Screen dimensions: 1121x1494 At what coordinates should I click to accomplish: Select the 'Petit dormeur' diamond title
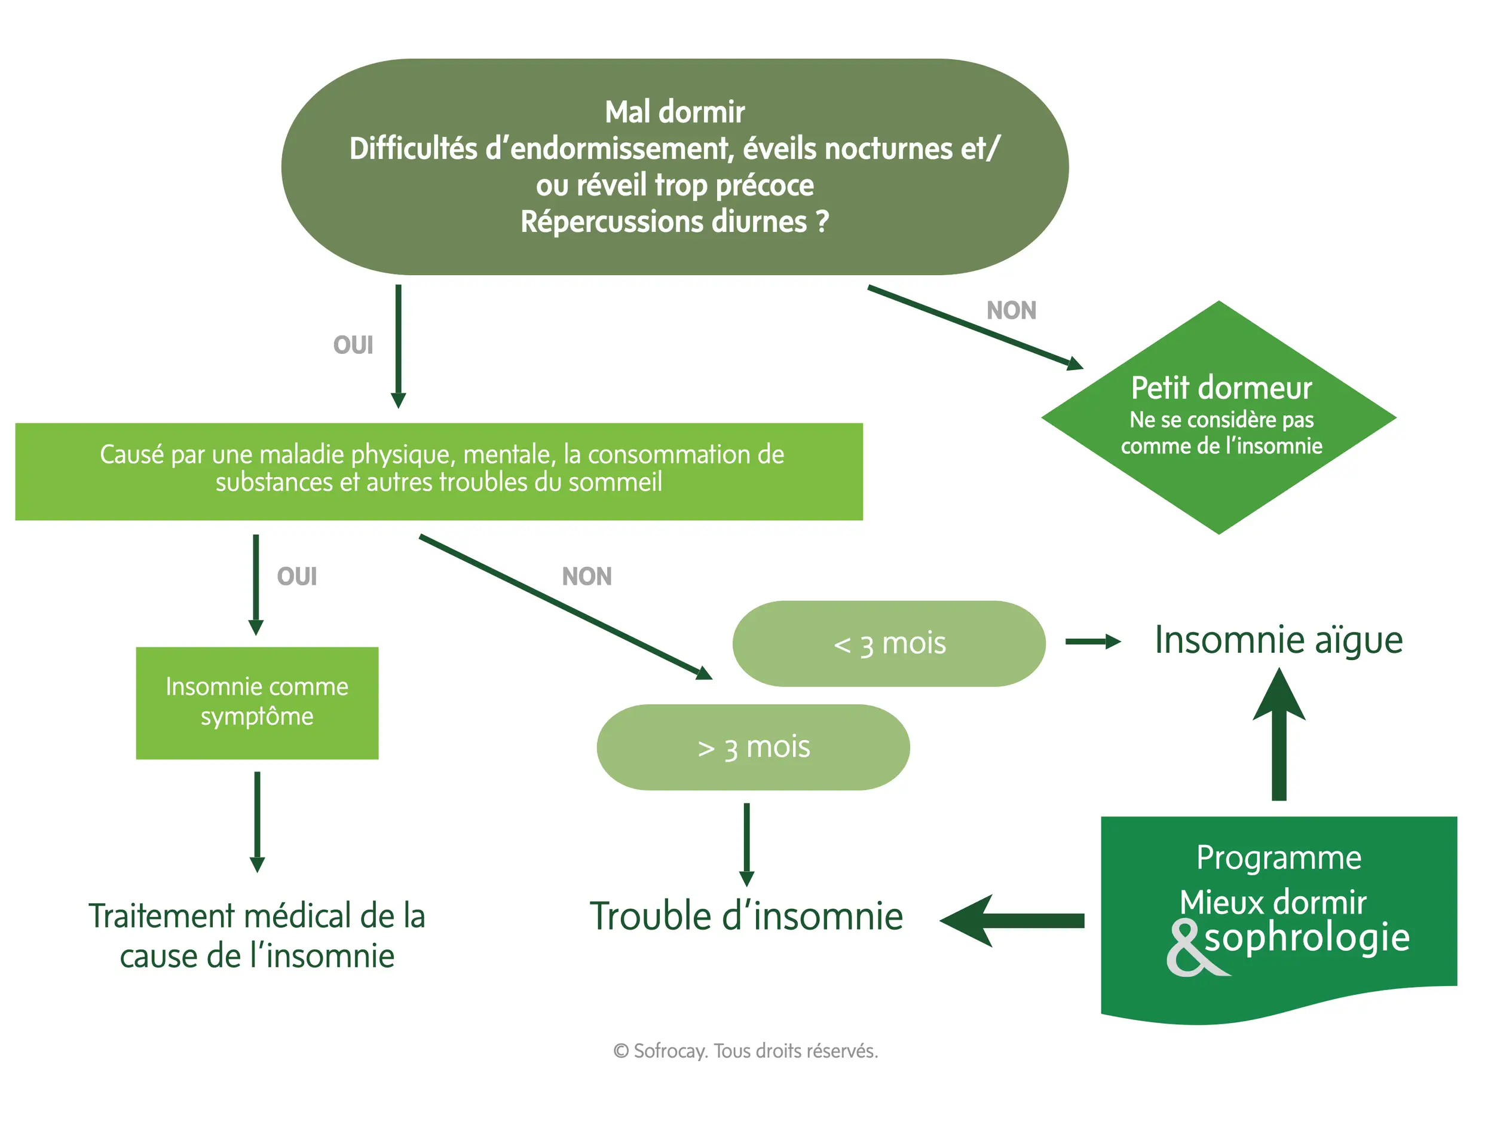(1221, 389)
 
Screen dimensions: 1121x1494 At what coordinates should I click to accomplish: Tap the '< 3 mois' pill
(889, 643)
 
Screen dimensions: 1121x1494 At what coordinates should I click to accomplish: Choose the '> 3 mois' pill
(753, 747)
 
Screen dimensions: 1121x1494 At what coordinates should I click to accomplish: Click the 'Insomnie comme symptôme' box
(256, 702)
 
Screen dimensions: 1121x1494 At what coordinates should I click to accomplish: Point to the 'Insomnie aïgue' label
(1278, 640)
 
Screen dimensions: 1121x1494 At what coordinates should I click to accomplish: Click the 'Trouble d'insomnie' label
(746, 917)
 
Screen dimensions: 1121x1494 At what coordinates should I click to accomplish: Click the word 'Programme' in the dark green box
(1278, 857)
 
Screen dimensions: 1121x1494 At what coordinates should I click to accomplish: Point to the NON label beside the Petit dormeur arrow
(1011, 311)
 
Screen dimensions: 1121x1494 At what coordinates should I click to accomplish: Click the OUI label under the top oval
(353, 346)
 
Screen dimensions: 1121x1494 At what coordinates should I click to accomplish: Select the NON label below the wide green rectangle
(586, 576)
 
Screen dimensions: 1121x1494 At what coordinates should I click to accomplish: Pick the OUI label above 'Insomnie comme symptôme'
(296, 576)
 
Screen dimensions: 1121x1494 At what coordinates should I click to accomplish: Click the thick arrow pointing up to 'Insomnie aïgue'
(1278, 737)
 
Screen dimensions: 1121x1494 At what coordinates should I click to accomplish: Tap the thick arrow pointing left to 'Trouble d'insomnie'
(1013, 920)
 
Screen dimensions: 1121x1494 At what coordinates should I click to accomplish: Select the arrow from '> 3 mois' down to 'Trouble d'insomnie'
(746, 844)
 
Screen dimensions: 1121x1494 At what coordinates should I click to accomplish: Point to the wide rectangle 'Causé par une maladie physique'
(439, 471)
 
